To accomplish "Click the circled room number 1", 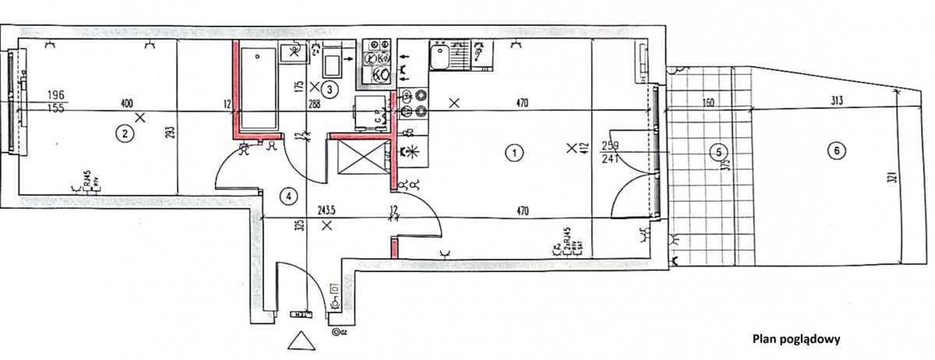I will coord(513,153).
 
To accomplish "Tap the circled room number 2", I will coord(123,133).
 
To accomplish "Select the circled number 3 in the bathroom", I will coord(330,89).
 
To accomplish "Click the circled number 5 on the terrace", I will coord(718,153).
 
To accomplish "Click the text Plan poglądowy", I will coord(795,339).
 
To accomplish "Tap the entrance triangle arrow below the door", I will coord(299,341).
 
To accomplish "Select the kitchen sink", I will coord(440,56).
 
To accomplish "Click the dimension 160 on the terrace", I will coord(708,101).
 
